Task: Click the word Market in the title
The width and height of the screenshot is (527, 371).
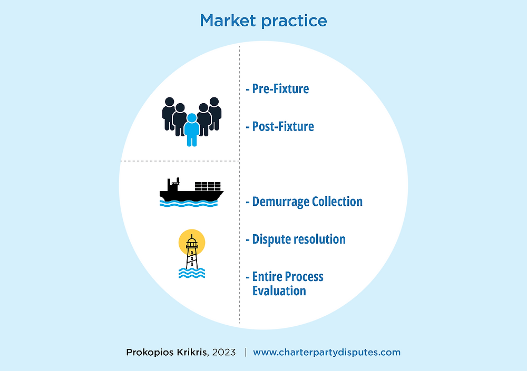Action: pos(228,21)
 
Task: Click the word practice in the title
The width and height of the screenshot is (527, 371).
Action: pos(294,22)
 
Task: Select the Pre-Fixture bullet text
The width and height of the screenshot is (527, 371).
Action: pos(277,88)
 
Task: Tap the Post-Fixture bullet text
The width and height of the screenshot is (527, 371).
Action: pos(280,126)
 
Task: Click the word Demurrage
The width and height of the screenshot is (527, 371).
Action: pos(280,202)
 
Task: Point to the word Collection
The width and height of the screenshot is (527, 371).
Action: pos(337,202)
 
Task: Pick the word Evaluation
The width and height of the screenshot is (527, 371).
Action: pos(279,291)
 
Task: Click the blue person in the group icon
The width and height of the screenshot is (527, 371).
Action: pos(192,129)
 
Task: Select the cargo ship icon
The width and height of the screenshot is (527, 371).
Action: pos(191,192)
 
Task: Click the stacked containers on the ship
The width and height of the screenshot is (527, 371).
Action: pos(208,186)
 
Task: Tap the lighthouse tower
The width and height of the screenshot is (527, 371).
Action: pos(192,252)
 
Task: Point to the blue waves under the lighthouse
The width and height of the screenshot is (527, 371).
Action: pos(192,273)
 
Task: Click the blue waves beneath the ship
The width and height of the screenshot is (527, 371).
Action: pos(189,204)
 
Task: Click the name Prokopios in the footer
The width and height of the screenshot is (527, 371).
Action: pos(150,353)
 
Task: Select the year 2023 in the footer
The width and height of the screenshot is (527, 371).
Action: pos(224,352)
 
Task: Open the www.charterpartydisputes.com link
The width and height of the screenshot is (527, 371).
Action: pos(327,353)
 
